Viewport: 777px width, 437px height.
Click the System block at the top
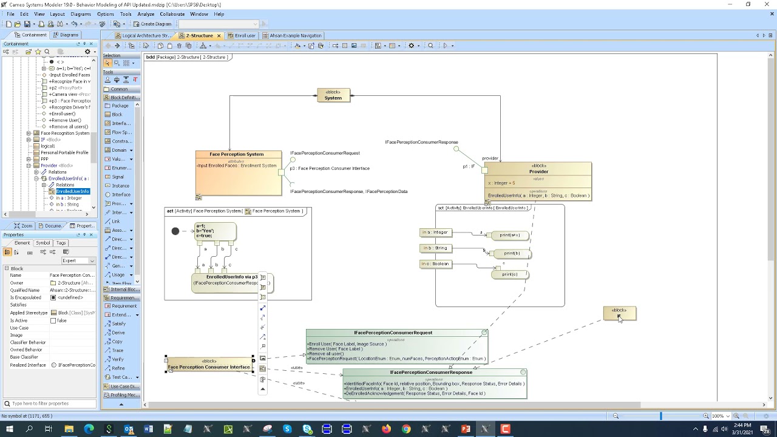pos(333,96)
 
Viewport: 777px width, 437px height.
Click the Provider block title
pos(538,172)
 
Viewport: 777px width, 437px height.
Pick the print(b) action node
pos(512,254)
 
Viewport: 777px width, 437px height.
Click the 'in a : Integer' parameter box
pos(435,232)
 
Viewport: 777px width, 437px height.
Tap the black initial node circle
pos(175,231)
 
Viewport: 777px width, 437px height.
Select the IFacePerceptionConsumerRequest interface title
pos(393,333)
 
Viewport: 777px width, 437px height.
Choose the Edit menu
pos(24,14)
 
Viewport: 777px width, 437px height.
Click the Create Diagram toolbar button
pos(152,24)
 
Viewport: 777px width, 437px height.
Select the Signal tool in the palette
pos(118,177)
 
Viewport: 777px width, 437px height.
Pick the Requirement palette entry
pos(124,306)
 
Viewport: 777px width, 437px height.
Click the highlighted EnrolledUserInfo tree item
pos(73,191)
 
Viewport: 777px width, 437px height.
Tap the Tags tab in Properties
pos(61,243)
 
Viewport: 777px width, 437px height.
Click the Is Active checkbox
pos(53,320)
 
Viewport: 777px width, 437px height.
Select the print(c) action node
pos(510,274)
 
